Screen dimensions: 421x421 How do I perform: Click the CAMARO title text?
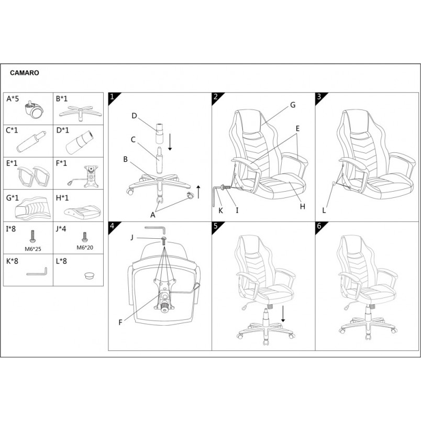(25, 73)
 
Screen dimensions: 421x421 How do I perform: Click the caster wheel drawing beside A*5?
(34, 110)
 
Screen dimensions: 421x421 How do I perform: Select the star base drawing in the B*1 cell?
(80, 113)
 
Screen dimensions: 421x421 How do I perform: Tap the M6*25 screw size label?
(33, 249)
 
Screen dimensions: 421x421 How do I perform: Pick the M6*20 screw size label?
(85, 248)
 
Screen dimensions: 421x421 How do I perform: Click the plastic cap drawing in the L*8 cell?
(90, 275)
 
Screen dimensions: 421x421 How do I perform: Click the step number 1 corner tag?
(112, 97)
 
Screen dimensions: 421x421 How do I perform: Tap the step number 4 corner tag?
(112, 226)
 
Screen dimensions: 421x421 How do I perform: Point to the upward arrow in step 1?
(198, 192)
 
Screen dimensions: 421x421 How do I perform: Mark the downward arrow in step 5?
(283, 314)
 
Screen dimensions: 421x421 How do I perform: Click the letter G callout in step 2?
(293, 105)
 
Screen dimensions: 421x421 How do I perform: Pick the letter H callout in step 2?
(303, 206)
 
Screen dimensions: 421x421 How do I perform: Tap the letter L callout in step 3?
(324, 210)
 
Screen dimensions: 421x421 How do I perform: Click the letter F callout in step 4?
(120, 322)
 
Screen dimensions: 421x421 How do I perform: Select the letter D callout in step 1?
(134, 116)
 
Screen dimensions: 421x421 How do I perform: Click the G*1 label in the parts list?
(13, 198)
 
